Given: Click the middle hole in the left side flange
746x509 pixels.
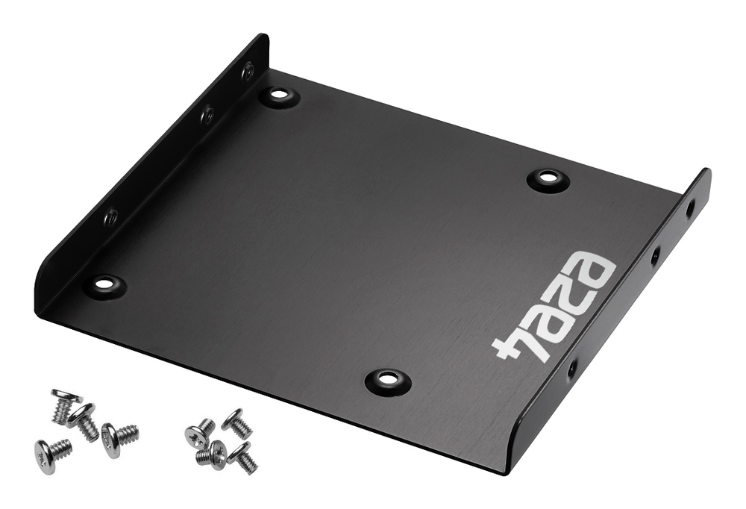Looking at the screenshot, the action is click(207, 113).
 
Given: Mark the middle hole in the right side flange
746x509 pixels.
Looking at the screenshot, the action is click(656, 256).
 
